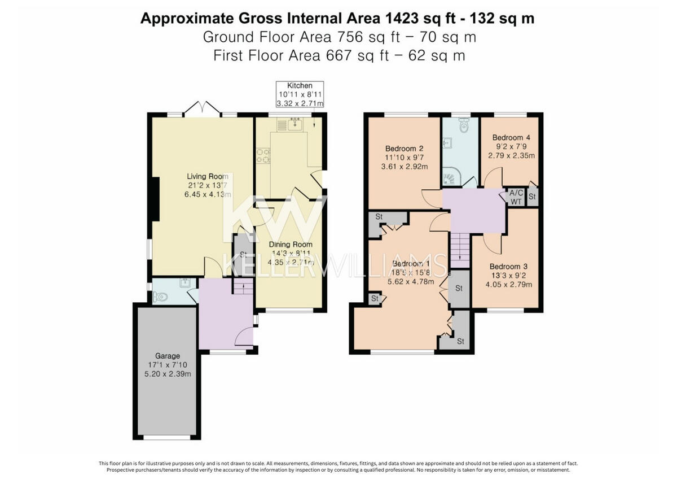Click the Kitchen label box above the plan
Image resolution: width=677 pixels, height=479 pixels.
[300, 94]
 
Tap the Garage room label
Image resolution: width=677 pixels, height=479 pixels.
[168, 356]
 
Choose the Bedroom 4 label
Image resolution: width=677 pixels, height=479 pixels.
[511, 137]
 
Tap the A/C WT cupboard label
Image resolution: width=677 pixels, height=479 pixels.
[516, 197]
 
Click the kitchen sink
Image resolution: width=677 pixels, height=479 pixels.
[294, 123]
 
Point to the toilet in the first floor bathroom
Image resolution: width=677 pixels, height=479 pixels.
[463, 127]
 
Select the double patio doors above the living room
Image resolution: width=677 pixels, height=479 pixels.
[202, 108]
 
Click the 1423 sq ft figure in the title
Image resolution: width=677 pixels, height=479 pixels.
[415, 18]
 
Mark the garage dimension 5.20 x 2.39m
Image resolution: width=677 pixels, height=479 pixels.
[168, 374]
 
